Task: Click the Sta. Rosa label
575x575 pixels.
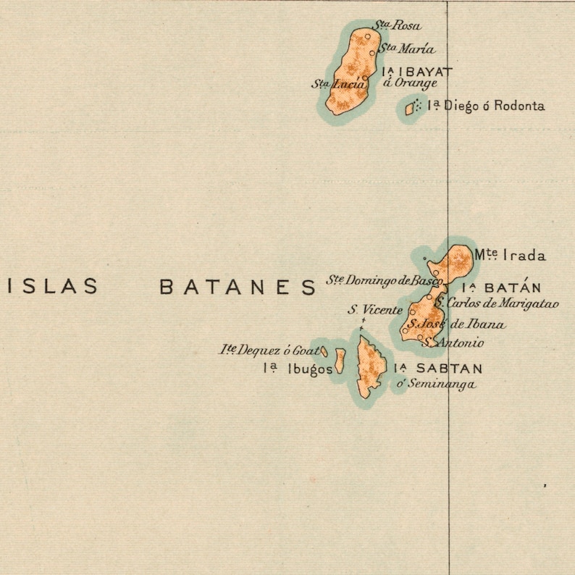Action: pos(396,25)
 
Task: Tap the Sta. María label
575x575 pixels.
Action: pos(407,49)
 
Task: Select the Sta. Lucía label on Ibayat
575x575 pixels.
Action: pos(338,84)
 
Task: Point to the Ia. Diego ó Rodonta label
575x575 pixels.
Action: pos(485,106)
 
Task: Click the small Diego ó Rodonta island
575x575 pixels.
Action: pos(409,109)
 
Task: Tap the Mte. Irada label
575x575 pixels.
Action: pos(510,255)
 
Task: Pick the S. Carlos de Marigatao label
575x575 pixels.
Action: pos(498,304)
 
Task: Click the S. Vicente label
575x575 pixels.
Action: pos(374,310)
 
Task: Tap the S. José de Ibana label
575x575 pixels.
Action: pos(456,324)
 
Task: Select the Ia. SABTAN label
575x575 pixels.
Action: pos(437,369)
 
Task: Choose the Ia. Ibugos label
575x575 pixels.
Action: pos(298,369)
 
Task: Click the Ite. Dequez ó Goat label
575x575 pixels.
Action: pos(269,350)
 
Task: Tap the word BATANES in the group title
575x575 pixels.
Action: pos(238,287)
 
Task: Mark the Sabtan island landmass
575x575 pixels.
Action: pos(369,366)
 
